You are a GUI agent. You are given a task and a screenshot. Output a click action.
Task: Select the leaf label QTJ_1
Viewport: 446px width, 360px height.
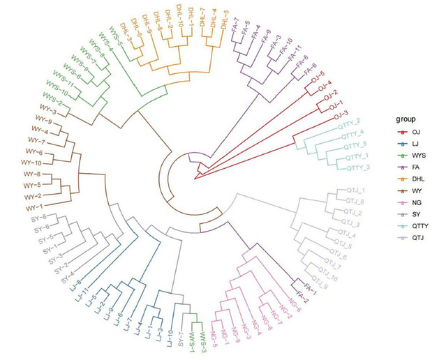(x=355, y=190)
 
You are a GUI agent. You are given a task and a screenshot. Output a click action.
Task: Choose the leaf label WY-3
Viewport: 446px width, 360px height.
(x=47, y=112)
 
